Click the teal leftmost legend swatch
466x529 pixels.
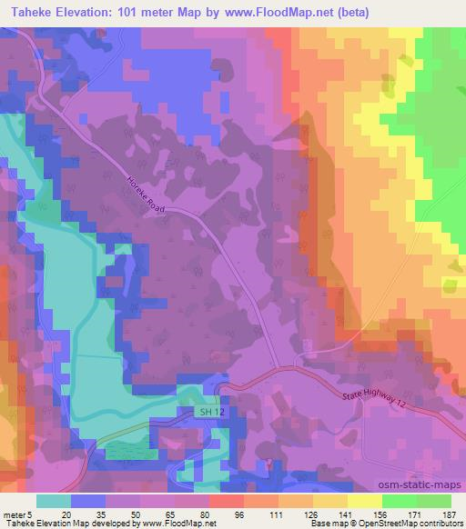coord(54,500)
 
